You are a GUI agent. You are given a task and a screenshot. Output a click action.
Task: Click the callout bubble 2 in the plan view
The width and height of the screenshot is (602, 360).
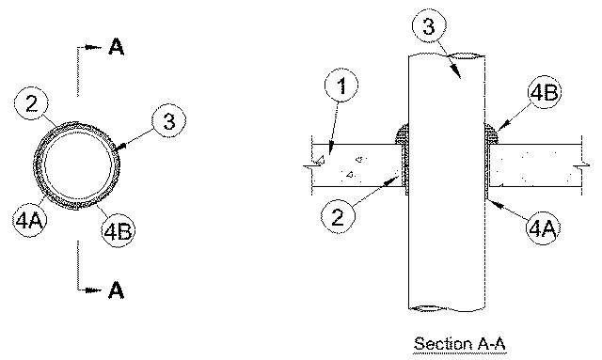point(31,103)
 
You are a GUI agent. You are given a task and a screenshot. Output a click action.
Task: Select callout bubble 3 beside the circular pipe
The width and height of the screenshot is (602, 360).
point(168,121)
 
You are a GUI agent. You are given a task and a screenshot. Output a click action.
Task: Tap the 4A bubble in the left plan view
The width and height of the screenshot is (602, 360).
point(29,220)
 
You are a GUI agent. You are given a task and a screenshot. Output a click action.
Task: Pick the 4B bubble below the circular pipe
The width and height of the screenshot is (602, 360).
point(119,230)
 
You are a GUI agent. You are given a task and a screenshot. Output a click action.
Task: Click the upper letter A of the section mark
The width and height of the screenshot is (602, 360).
point(117,47)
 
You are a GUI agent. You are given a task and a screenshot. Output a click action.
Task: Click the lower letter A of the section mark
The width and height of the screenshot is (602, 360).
point(117,290)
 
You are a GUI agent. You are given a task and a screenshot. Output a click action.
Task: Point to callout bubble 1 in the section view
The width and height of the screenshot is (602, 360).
point(341,86)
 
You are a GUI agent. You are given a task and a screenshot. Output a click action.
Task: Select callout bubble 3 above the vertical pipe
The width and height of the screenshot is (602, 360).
point(429,25)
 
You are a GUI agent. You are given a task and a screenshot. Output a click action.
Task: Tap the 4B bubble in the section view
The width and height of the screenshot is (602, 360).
point(544,92)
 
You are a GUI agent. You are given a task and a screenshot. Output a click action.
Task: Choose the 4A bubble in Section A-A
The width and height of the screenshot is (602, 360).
point(542,228)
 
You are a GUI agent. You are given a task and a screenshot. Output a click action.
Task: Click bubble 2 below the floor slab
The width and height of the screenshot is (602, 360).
point(338,216)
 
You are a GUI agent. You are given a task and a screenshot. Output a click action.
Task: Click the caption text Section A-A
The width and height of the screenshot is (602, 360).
point(460,343)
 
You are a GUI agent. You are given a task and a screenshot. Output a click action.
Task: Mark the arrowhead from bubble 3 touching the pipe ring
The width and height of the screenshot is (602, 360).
point(120,147)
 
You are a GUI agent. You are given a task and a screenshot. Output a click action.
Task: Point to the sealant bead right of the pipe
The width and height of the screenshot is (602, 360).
point(491,133)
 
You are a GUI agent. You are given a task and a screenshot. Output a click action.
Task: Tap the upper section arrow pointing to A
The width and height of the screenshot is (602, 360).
point(93,47)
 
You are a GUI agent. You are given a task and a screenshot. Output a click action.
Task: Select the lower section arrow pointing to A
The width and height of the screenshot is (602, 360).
point(93,290)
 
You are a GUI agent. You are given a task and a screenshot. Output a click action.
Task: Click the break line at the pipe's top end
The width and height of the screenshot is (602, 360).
point(447,55)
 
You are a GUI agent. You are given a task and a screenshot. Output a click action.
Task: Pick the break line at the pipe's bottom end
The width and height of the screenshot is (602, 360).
point(447,308)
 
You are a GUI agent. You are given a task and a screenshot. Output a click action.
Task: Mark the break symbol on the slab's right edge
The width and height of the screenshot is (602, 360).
point(582,165)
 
